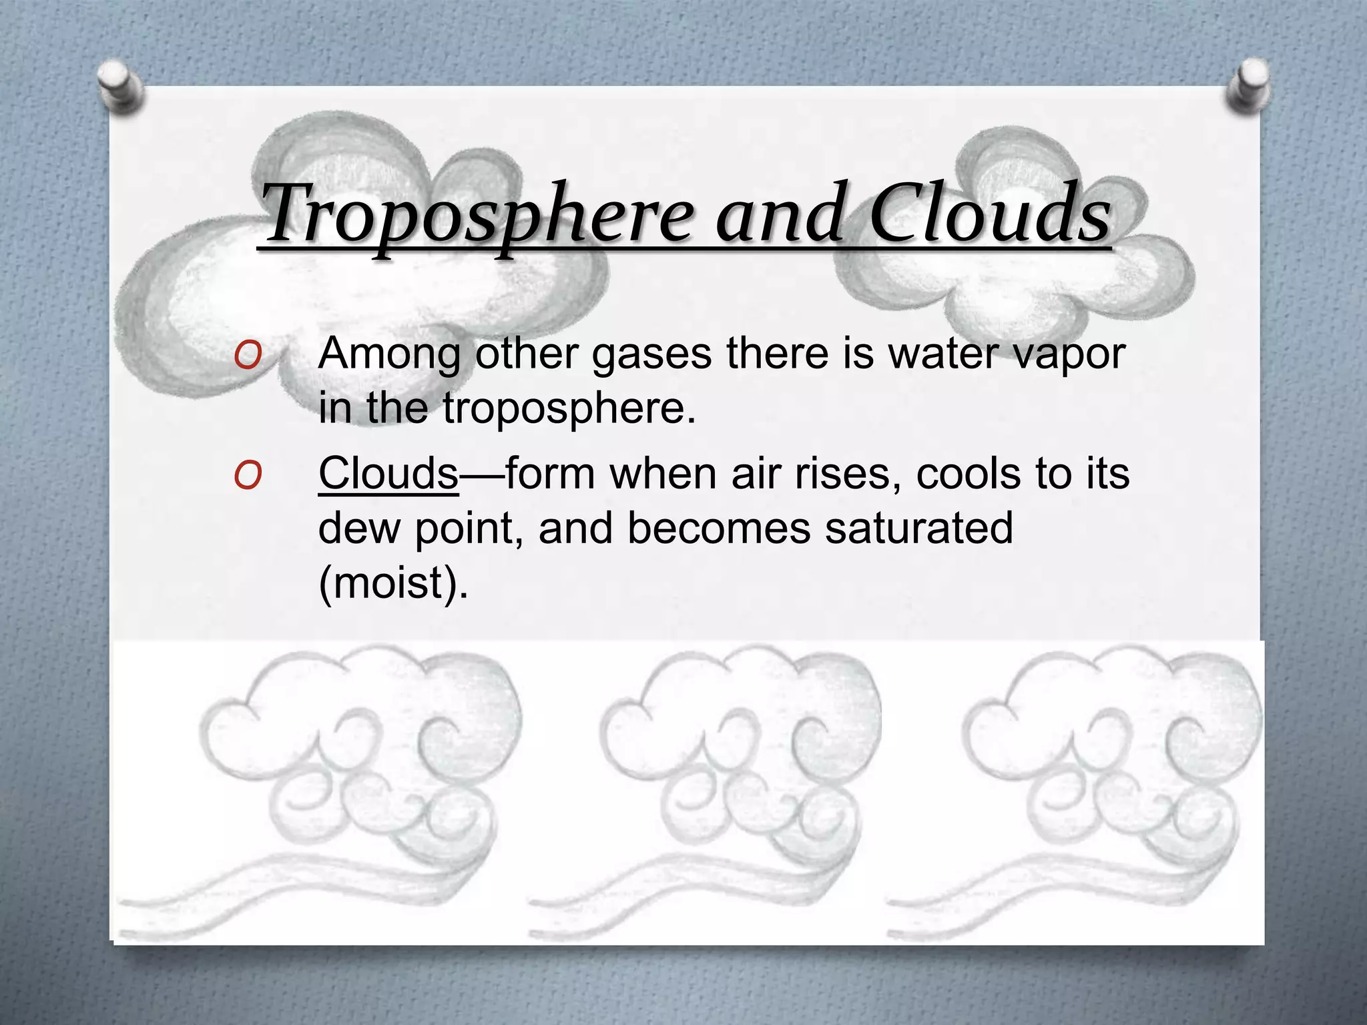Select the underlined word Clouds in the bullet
388,474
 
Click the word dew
360,529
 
